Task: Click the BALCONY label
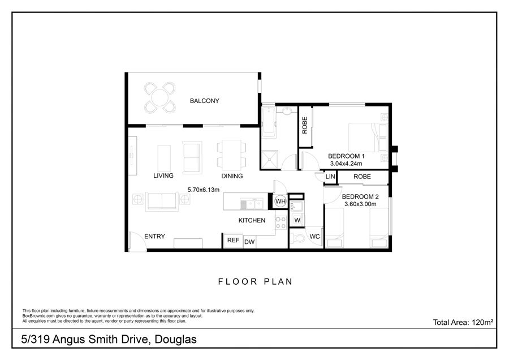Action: tap(205, 101)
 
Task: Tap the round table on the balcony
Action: tap(159, 97)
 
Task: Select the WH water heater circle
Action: tap(280, 201)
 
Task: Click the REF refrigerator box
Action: tap(233, 241)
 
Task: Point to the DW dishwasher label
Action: tap(249, 242)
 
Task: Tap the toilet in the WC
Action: tap(297, 238)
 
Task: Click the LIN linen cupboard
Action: tap(330, 177)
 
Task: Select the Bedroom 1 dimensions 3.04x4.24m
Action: tap(346, 164)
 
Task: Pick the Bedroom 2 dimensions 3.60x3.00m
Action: tap(360, 204)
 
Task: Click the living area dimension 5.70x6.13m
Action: tap(204, 190)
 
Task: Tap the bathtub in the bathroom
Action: tap(269, 122)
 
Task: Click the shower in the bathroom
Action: tap(270, 159)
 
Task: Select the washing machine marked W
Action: tap(297, 220)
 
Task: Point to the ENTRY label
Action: tap(154, 237)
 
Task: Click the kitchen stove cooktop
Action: tap(281, 222)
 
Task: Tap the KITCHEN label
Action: tap(252, 220)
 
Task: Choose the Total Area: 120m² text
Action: tap(463, 322)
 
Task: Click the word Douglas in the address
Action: tap(176, 340)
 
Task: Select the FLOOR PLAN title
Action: tap(255, 282)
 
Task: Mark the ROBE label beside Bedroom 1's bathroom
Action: tap(304, 126)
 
